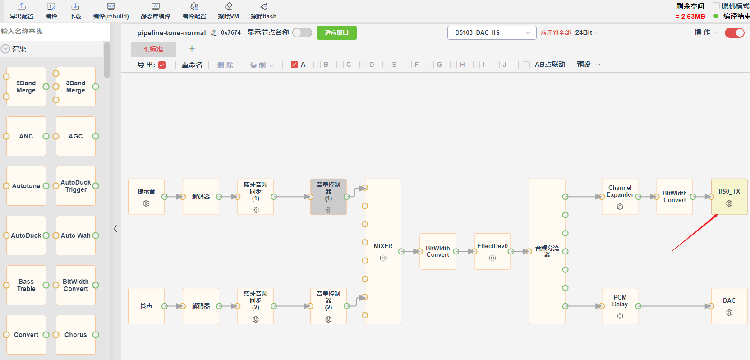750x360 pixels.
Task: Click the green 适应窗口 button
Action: coord(336,32)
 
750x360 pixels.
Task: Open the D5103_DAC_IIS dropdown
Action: coord(492,32)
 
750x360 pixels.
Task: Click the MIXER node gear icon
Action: coord(383,258)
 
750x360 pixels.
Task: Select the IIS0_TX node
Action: coord(729,197)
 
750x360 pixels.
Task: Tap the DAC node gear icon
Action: coord(729,313)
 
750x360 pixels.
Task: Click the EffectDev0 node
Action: coord(492,251)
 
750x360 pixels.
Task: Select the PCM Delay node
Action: coord(620,306)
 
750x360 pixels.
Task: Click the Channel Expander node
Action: coord(620,197)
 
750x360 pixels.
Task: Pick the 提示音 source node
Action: coord(146,197)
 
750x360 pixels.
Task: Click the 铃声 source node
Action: coord(146,306)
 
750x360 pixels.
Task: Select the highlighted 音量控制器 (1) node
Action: coord(328,197)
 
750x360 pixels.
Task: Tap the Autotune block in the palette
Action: coord(26,186)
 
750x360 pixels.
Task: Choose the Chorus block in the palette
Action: coord(76,335)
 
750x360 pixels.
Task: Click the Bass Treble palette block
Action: coord(26,285)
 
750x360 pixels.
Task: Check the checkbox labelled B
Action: coord(317,65)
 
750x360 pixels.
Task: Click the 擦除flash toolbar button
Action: coord(263,11)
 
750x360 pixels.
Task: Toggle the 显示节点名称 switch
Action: coord(302,32)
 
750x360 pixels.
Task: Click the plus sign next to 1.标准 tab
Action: coord(192,49)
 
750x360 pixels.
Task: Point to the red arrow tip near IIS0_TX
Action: coord(718,214)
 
